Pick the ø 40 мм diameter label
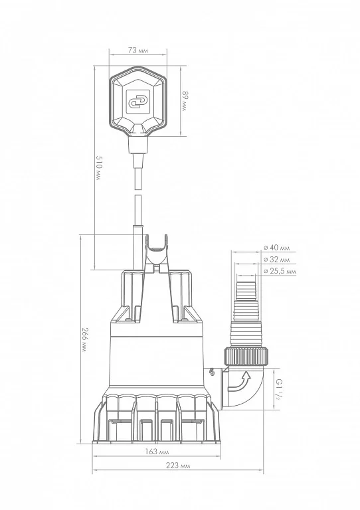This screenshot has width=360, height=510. [277, 248]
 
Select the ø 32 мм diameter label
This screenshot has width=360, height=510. [277, 260]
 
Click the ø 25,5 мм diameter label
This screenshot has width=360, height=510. [279, 272]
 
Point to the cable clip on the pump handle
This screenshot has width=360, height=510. [157, 253]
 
